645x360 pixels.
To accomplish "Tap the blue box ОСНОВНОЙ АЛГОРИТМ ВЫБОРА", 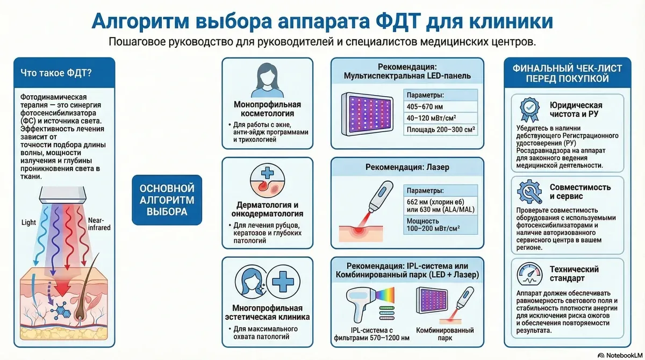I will coord(167,200).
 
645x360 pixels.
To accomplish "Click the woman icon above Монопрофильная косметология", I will coord(267,80).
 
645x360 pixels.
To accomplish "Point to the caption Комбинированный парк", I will coord(446,335).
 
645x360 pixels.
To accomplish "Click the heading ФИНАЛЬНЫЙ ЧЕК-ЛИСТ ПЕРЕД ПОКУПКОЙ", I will coord(571,74).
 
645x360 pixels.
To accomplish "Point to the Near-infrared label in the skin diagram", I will coord(100,224).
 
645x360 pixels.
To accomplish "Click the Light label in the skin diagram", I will coord(28,222).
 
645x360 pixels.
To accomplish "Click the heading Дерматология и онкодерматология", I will coord(267,210).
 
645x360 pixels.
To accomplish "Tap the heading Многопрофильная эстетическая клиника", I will coord(267,312).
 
